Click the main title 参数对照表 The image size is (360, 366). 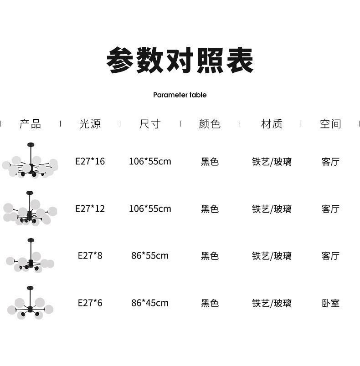coord(180,61)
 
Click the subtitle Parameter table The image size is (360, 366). coord(180,95)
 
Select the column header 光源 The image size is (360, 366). coord(90,124)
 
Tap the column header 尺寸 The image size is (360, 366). coord(150,124)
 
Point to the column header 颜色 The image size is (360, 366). coord(210,124)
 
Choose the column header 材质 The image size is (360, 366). coord(272,124)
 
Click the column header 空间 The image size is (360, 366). coord(330,124)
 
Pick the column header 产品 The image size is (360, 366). coord(30,124)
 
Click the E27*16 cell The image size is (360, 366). coord(90,161)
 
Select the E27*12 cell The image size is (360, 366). coord(90,209)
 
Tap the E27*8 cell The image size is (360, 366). coord(90,256)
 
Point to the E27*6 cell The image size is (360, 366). coord(90,303)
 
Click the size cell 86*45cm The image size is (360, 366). coord(150,303)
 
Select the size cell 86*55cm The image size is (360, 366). coord(150,256)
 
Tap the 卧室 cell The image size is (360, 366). coord(330,303)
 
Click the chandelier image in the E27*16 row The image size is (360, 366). coord(30,162)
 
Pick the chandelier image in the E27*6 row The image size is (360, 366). coord(30,304)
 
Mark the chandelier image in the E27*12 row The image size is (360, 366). coord(30,210)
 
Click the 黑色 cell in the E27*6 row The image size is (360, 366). coord(210,303)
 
